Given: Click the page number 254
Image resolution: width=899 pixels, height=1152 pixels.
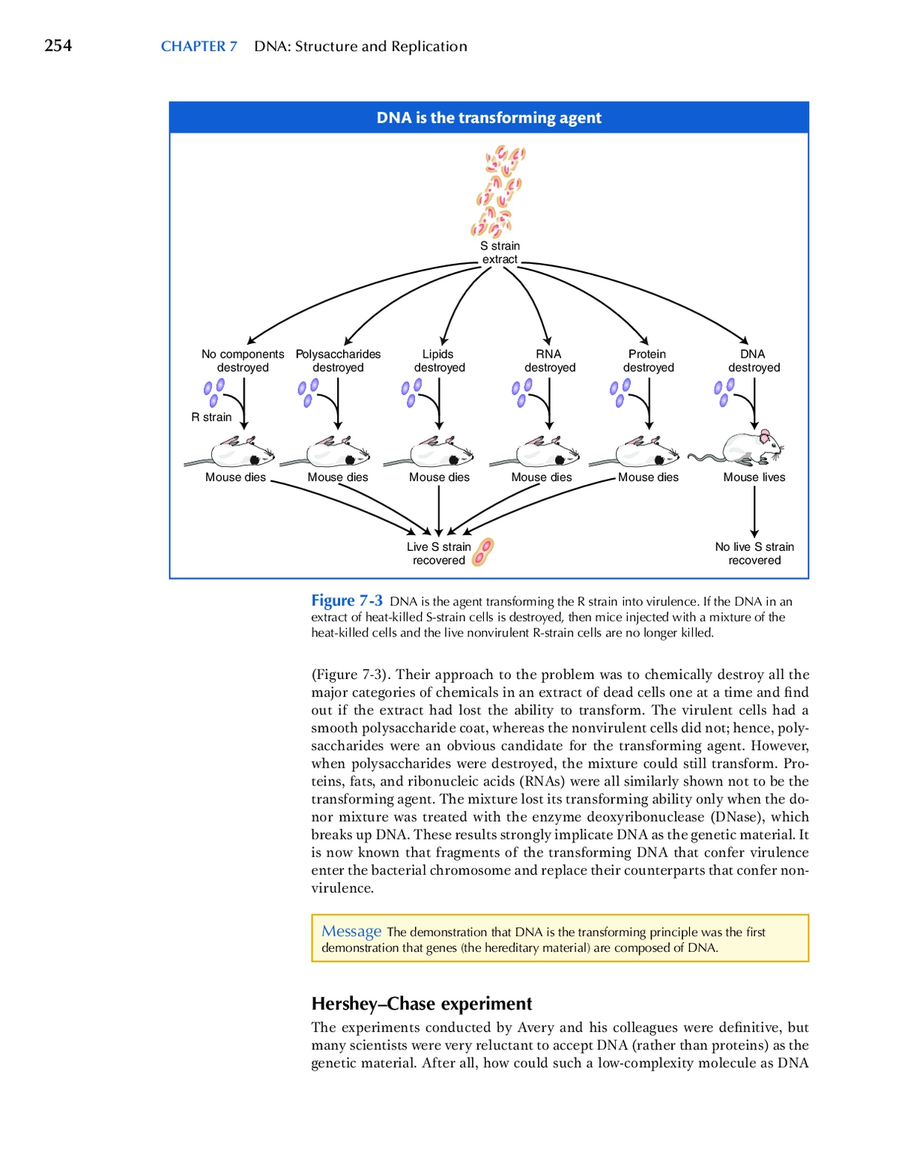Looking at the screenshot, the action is pos(58,46).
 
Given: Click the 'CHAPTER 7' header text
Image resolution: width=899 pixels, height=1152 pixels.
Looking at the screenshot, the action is pos(199,46).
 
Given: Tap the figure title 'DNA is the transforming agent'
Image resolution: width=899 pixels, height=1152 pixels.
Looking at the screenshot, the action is pos(489,118).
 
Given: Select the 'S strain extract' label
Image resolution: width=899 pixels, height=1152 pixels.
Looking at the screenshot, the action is pos(500,253).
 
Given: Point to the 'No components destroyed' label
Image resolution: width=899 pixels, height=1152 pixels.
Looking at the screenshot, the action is pos(243,361).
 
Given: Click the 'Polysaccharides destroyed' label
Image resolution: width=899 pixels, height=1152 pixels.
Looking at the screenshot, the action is pos(338,361).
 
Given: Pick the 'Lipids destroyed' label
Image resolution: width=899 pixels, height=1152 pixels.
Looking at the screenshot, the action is pos(439,361).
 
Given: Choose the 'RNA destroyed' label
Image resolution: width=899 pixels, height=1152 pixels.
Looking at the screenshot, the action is pos(549,361).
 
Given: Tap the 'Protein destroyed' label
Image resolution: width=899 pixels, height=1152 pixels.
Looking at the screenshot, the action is pos(648,361).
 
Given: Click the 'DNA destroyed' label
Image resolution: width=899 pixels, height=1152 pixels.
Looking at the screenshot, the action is pos(754,361).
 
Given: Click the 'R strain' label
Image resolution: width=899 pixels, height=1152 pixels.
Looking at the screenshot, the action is pos(211,417).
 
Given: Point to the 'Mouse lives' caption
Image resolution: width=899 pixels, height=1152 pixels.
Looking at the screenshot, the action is pos(754,477).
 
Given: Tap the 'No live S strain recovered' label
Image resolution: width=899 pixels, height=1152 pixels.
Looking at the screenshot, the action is pos(754,553).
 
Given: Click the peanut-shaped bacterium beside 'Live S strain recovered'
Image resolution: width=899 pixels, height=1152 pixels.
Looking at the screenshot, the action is pos(482,552).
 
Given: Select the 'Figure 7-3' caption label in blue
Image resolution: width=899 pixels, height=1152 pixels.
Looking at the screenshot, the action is pos(346,600).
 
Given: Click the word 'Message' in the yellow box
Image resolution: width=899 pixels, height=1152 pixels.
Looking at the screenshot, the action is pos(351,932).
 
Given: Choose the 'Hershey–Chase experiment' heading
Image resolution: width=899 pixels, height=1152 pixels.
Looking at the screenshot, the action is pos(422,1004).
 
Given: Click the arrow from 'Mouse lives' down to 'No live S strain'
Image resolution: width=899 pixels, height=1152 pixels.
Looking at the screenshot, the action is pos(754,512).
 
